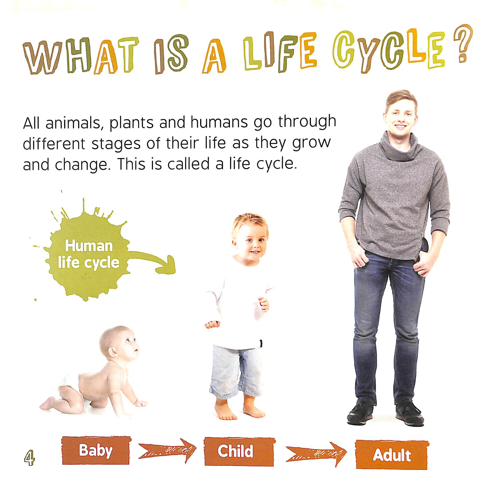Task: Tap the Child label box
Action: (239, 451)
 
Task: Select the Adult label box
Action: (392, 455)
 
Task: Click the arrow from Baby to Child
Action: (168, 450)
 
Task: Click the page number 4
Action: (29, 457)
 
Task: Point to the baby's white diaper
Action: (70, 387)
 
